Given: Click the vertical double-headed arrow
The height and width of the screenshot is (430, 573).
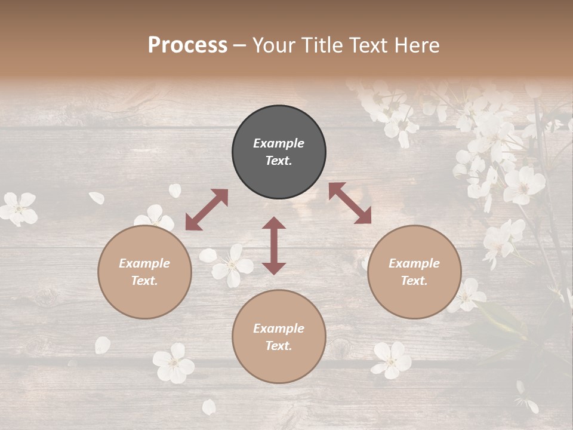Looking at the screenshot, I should pos(274,245).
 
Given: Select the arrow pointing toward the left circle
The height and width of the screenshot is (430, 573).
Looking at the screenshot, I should pos(207,210).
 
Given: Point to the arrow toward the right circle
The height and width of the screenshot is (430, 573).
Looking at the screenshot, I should pos(350,203).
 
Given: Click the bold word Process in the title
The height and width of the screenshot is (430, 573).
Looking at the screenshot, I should pos(187,45).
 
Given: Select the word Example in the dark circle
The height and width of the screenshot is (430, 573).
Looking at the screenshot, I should pos(279,143).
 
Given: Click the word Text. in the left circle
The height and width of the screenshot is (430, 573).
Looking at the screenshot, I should pos(144,281).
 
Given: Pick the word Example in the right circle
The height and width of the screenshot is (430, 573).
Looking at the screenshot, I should pos(414,263).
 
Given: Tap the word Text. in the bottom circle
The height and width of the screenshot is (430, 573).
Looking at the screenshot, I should pos(279,346).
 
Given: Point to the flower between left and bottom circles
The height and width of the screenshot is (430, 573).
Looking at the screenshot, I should pos(232,266).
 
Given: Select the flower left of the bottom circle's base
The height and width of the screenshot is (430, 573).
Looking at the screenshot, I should pos(173,363).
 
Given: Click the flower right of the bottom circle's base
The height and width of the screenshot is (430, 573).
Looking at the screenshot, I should pos(392,360).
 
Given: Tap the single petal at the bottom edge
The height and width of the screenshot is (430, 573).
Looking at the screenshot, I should pos(208,407).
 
